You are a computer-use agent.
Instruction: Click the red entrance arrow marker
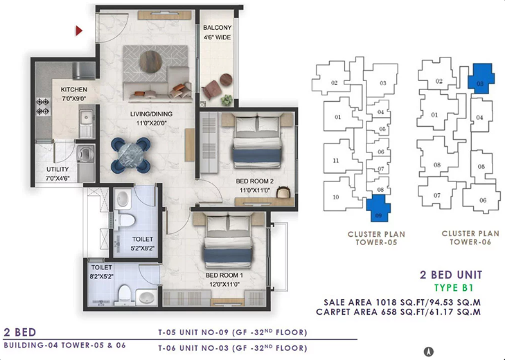coord(79,31)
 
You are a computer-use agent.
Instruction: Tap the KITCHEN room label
coord(73,89)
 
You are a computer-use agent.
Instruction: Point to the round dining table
coord(130,155)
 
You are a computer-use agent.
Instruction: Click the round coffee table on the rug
coord(150,62)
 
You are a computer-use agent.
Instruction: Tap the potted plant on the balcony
coord(227,100)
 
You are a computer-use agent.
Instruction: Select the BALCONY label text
coord(217,28)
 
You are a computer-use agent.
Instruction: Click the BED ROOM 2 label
coord(255,181)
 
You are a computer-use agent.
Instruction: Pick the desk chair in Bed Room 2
coord(283,192)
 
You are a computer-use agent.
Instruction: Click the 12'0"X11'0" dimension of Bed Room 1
coord(224,285)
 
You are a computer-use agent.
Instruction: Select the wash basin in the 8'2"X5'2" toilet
coord(147,297)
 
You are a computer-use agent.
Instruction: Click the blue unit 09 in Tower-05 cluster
coord(378,208)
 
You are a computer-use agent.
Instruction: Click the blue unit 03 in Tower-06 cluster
coord(481,78)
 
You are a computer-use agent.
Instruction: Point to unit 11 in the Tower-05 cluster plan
coord(336,161)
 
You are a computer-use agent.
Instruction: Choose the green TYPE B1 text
coord(454,287)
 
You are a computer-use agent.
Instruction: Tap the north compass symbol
coord(429,351)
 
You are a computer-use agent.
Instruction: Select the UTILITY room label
coord(57,169)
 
